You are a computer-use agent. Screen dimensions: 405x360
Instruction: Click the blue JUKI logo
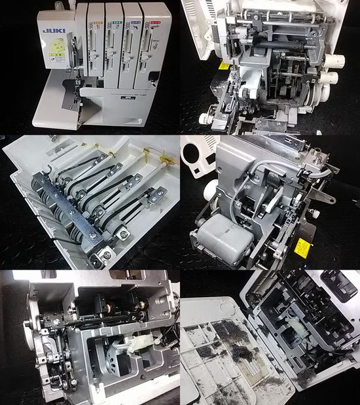[52, 30]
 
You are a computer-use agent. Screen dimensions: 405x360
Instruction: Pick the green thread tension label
[117, 22]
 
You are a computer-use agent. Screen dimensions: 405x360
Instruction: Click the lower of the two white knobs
[331, 79]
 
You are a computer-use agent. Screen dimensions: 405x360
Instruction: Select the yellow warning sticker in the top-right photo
[224, 65]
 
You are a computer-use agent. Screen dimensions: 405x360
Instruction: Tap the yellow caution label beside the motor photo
[302, 247]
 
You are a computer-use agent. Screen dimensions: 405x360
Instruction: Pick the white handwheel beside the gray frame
[210, 190]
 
